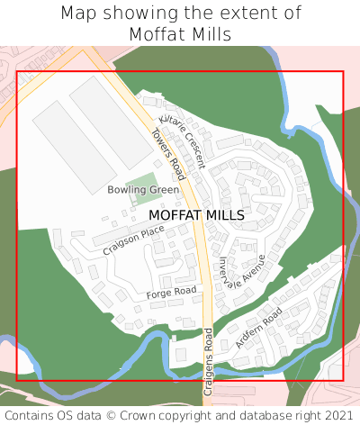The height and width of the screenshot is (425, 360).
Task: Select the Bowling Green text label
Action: [143, 191]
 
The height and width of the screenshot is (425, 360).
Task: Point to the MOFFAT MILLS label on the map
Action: [196, 216]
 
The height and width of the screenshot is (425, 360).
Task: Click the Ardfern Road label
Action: [259, 328]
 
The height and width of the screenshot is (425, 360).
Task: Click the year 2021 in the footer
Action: [338, 415]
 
